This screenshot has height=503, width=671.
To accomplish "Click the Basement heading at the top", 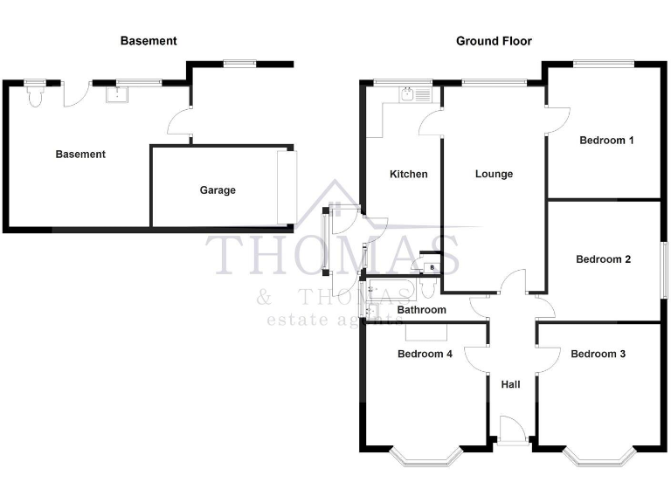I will [x=149, y=40].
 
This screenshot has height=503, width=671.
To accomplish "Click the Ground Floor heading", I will [x=494, y=40].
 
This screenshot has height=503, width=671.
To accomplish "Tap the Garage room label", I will [x=218, y=189].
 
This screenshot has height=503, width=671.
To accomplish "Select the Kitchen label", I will [x=408, y=174].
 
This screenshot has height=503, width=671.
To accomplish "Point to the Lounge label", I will [x=494, y=174].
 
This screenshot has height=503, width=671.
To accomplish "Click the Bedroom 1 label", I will [x=606, y=140].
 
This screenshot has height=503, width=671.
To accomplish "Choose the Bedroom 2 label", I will [x=603, y=259].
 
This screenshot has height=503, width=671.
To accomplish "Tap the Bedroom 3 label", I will [x=598, y=354].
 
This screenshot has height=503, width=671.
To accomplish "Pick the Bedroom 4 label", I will [x=425, y=354].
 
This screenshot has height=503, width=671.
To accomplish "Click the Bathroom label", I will [x=421, y=310].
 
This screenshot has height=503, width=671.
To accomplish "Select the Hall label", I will [x=510, y=384].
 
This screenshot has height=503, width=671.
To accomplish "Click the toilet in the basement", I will [x=35, y=95].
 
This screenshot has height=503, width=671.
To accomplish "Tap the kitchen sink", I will [x=407, y=93].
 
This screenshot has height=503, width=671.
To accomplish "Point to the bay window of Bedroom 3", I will [x=598, y=456].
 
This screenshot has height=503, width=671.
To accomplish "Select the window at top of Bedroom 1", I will [x=604, y=63].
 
